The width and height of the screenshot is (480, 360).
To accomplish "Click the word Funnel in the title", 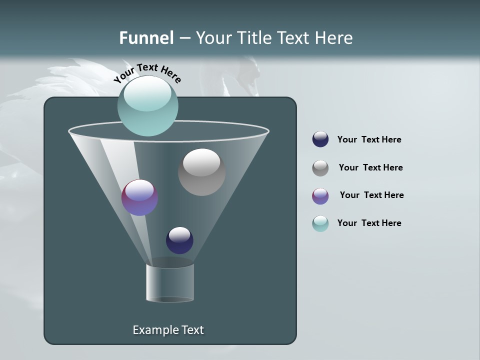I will [146, 38].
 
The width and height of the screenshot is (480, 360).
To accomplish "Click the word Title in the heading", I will [254, 38].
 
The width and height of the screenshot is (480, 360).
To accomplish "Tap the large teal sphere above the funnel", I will [147, 106].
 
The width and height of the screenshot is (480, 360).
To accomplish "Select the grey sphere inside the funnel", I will [201, 172].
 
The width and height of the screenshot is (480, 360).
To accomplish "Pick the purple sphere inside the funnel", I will [139, 197].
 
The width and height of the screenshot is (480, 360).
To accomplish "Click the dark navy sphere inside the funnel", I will [179, 240].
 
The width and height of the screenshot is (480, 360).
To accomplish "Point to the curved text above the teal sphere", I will [147, 72].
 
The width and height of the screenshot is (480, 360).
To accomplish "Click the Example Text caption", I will [168, 330].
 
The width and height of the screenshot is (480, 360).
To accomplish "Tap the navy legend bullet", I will [320, 139].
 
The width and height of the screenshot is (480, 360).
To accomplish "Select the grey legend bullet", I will [320, 168].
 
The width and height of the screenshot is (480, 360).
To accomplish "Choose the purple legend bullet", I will [320, 196].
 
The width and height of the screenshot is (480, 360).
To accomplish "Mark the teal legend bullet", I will [320, 223].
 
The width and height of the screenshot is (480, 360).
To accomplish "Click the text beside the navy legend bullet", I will [369, 139].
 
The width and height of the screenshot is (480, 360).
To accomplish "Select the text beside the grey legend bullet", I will [370, 167].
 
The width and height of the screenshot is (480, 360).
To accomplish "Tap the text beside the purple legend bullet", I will [371, 195].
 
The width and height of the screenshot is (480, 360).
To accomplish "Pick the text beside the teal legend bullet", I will [369, 223].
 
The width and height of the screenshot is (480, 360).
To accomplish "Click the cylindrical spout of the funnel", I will [170, 283].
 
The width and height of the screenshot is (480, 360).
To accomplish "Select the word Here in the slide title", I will [333, 38].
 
